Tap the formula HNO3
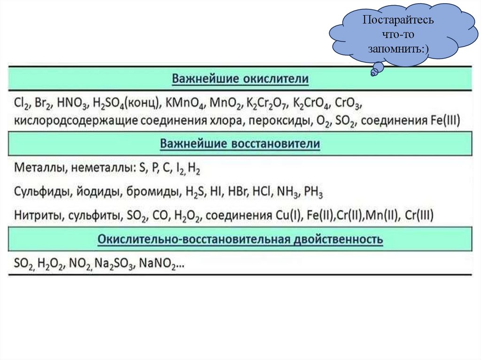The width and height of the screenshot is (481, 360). click(73, 103)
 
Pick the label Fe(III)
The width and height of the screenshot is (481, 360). click(444, 121)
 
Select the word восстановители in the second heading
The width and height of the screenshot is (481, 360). click(276, 143)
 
